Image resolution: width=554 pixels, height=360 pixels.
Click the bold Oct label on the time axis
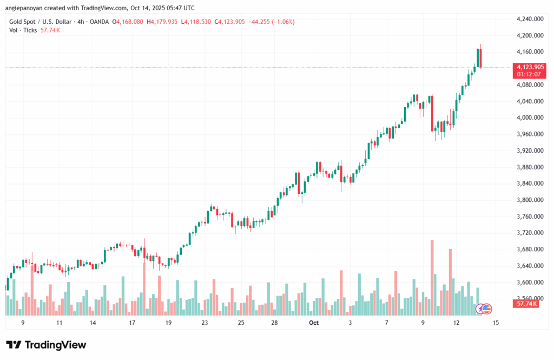(314, 323)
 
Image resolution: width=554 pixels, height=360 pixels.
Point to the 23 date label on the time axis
(205, 323)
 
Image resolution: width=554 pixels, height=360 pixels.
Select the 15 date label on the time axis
(496, 323)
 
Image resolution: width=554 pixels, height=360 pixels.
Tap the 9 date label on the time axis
(23, 323)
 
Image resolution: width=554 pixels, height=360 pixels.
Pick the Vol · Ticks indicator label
(23, 30)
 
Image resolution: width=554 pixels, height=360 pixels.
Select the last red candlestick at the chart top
(480, 58)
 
